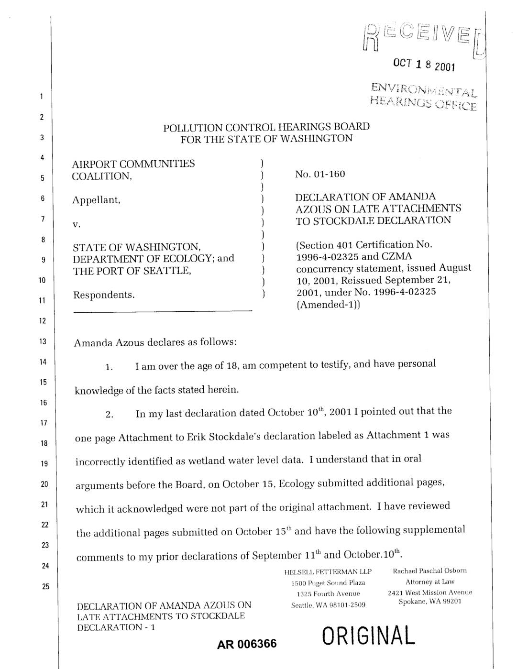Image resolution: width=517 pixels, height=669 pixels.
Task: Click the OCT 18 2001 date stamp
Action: [x=424, y=66]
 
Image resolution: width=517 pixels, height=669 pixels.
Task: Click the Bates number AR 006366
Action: [x=247, y=644]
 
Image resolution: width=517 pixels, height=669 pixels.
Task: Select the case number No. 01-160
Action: [x=320, y=174]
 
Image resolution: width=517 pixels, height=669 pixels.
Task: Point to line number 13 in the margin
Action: [x=43, y=341]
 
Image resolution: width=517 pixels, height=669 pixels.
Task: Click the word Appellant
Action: [x=96, y=200]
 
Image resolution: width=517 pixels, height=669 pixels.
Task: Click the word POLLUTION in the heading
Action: [x=192, y=128]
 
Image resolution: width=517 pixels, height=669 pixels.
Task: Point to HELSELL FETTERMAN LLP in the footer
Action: [x=328, y=572]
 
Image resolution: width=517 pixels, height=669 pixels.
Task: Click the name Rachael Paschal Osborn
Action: [x=429, y=570]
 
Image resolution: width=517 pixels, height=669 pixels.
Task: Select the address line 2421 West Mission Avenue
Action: [x=429, y=592]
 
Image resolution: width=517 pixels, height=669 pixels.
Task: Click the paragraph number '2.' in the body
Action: [x=110, y=415]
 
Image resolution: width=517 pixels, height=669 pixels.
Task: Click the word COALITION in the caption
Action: [x=101, y=176]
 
